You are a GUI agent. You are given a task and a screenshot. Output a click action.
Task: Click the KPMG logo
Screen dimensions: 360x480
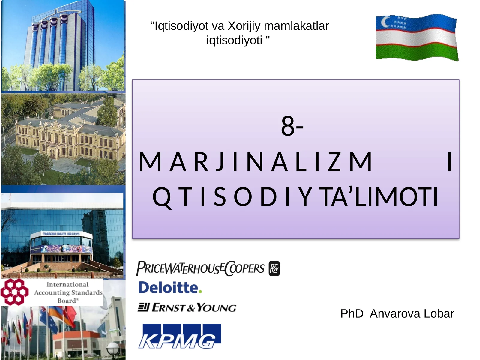[x=179, y=336]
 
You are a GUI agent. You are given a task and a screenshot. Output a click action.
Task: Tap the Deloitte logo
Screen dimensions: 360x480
[x=168, y=288]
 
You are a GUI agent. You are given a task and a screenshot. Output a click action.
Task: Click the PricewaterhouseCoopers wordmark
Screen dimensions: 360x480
[x=200, y=268]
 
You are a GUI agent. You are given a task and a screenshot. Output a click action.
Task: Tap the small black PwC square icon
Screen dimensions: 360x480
[x=274, y=268]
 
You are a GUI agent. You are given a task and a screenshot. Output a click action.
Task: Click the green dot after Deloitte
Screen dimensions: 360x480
[x=200, y=292]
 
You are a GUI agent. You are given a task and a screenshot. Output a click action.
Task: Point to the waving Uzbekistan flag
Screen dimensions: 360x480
[x=417, y=37]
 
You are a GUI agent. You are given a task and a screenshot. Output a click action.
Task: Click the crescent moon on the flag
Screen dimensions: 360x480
[x=385, y=22]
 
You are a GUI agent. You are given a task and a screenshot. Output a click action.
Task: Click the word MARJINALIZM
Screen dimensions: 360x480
[x=256, y=162]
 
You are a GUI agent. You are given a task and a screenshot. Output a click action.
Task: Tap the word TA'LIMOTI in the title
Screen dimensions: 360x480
[x=379, y=197]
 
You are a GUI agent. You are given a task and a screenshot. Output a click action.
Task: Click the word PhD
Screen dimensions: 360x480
[x=352, y=314]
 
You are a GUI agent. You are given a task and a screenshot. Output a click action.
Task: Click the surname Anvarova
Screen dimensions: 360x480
[x=395, y=314]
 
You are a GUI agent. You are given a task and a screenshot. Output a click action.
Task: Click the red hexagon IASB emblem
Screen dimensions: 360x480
[x=14, y=292]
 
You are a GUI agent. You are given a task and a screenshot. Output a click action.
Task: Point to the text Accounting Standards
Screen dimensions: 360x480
[x=68, y=292]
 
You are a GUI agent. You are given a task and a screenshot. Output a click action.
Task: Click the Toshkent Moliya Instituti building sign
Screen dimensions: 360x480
[x=61, y=234]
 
